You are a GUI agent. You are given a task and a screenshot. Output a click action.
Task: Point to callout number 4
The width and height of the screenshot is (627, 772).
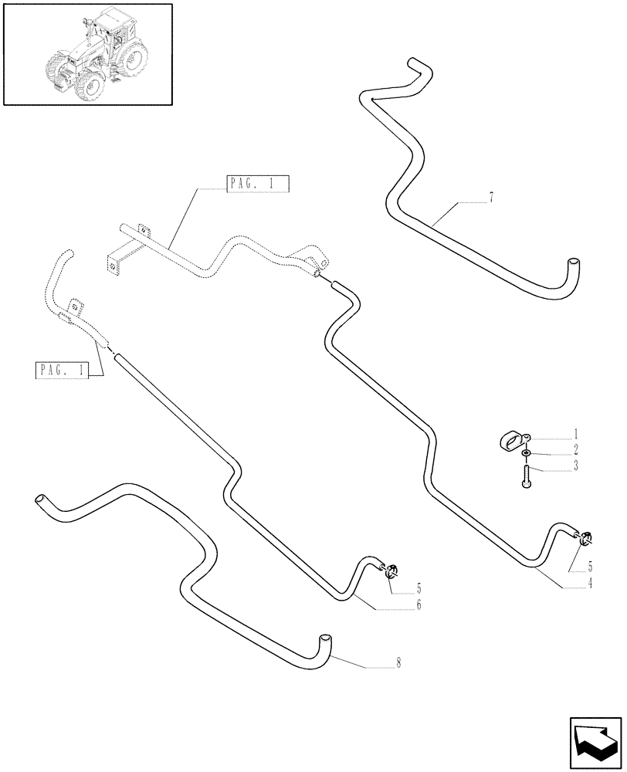pos(590,584)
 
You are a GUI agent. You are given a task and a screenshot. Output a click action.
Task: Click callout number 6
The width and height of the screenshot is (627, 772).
pos(419,605)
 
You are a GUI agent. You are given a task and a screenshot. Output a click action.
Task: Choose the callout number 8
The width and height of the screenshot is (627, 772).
pos(398,662)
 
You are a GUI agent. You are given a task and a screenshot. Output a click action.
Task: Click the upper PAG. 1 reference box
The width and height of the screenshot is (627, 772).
pos(258,184)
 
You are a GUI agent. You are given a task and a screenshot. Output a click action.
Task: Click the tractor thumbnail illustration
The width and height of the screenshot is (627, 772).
pos(87,54)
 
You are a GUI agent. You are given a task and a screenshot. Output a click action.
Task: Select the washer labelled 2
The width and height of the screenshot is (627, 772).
pos(526,452)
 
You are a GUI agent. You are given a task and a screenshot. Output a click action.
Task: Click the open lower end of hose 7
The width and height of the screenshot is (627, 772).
pos(571,263)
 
